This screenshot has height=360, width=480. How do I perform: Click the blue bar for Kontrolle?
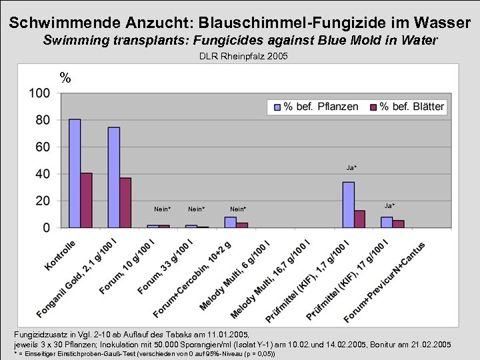(x=75, y=173)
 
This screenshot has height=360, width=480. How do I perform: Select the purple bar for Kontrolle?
(x=86, y=200)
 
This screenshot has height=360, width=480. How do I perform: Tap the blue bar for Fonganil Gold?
(x=114, y=177)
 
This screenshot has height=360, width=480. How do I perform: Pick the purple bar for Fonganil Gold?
(x=125, y=203)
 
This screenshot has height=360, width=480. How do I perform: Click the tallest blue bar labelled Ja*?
(x=348, y=205)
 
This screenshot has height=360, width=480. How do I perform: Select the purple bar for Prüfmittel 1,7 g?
(x=359, y=219)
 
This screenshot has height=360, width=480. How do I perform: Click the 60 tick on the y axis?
(x=42, y=147)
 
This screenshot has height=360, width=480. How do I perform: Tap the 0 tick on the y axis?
(x=46, y=228)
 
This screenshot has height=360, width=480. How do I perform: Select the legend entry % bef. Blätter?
(x=407, y=107)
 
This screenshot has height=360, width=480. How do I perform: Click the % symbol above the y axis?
(x=65, y=78)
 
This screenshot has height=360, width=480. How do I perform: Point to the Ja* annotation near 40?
(x=351, y=167)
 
